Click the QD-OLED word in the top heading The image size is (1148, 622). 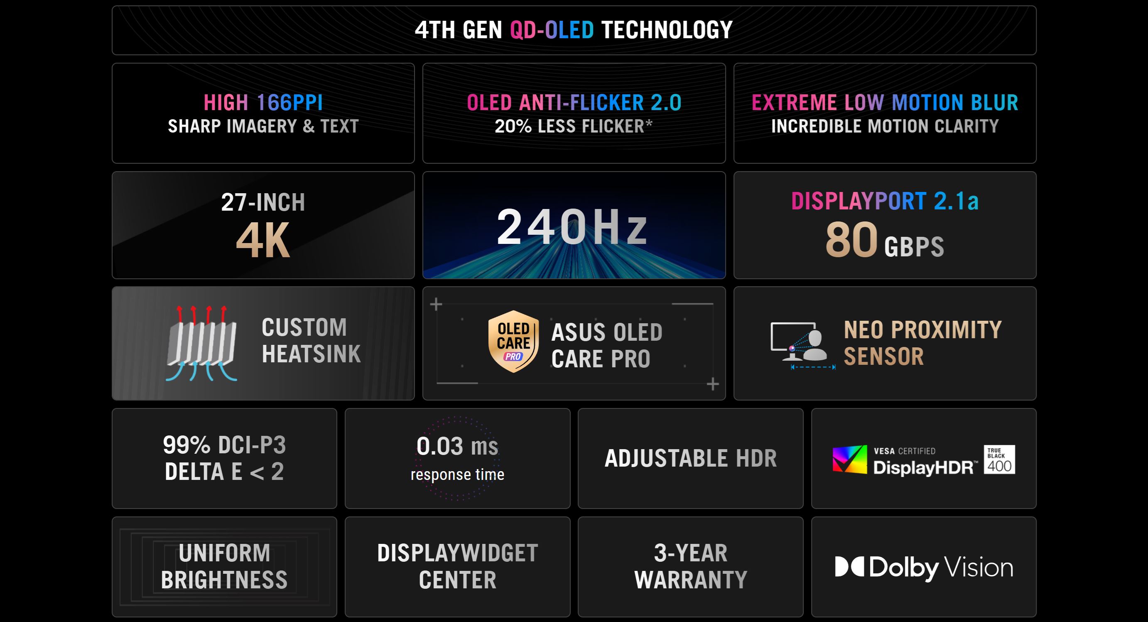coord(551,30)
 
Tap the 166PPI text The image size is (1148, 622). coord(289,103)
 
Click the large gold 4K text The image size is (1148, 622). coord(263,241)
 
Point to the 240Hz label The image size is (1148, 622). coord(572,227)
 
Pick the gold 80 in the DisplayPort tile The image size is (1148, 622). coord(851,240)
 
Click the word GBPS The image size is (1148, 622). coord(914,246)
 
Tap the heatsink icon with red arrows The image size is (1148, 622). coord(202,343)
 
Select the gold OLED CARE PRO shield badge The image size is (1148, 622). coord(513,342)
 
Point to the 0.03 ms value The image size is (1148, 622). coord(457,446)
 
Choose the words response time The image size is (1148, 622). coord(457,474)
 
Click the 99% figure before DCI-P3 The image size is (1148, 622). coord(186,445)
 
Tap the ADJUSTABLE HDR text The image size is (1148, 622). coord(690,458)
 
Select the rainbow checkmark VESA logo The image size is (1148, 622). coord(849,459)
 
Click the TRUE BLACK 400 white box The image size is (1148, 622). coord(999,459)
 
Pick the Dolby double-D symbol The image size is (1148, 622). coord(849,567)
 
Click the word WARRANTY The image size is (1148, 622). coord(690,580)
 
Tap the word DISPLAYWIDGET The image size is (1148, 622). coord(457,553)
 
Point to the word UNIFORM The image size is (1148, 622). coord(224,553)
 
